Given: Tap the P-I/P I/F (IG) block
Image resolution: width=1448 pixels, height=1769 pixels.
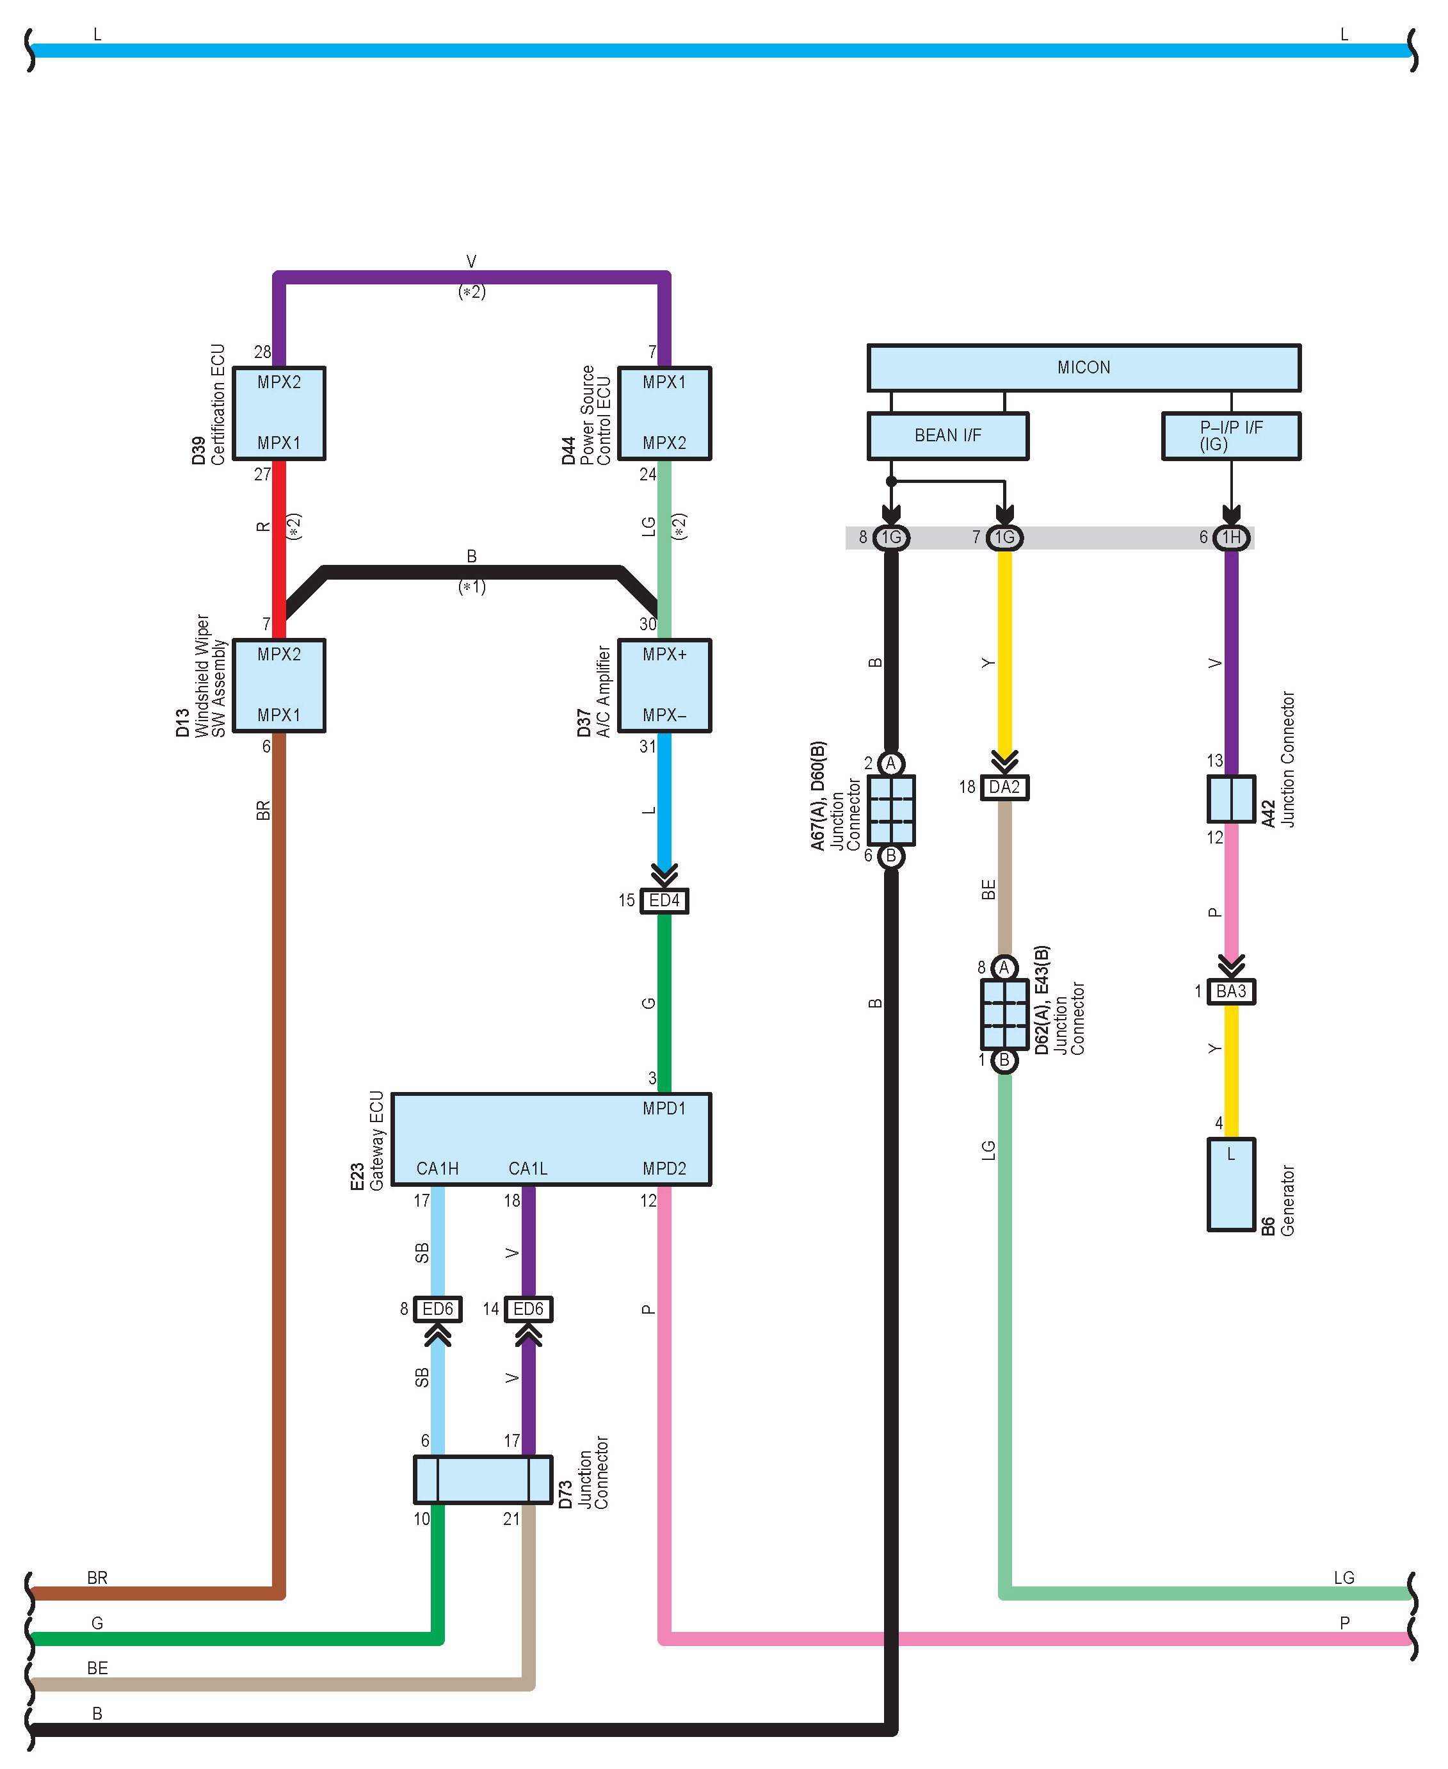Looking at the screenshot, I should (x=1230, y=436).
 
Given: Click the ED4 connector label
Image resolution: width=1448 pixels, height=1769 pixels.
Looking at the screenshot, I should (x=664, y=901).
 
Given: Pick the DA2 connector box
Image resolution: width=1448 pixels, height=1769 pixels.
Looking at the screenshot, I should (x=1004, y=787).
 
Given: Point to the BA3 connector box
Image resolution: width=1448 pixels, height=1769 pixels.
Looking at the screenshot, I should (x=1231, y=991).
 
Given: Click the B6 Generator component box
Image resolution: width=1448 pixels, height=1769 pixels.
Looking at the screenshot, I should (x=1231, y=1184).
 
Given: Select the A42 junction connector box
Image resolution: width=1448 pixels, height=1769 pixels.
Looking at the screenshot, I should (x=1231, y=799).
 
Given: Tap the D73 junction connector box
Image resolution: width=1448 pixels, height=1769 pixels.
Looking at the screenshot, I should (x=483, y=1480).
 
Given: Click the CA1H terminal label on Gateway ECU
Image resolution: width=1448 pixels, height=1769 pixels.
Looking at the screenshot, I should (x=437, y=1169).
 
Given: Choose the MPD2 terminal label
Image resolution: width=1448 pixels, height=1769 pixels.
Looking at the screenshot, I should (x=664, y=1169).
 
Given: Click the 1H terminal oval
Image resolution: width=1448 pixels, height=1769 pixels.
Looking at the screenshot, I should (x=1231, y=538).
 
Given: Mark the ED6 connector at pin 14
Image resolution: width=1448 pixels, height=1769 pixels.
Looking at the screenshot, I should (x=528, y=1309).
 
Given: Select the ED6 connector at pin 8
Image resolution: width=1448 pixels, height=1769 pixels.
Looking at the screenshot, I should (x=438, y=1309).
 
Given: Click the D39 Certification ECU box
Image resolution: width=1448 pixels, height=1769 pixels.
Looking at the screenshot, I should (x=278, y=413).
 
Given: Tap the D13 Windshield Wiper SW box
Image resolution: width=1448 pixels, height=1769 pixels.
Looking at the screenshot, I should (x=278, y=685).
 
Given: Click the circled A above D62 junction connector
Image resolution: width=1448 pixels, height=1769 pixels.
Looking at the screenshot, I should (x=1004, y=967).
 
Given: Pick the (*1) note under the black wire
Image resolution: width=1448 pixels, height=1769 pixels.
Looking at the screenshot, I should (x=472, y=587).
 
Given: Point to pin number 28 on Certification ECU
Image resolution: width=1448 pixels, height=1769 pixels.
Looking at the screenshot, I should (x=262, y=353).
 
